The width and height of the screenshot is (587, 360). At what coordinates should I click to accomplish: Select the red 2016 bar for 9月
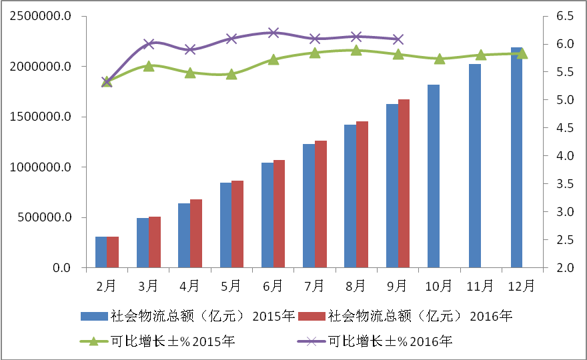coord(404,184)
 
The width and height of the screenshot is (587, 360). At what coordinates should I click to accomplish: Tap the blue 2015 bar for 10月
coord(434,177)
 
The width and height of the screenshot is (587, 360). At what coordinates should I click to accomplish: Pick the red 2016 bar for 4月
coord(196,234)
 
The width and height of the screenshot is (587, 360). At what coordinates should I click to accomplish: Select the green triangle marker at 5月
coord(231,74)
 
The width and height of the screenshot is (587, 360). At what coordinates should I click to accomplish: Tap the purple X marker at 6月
coord(273,33)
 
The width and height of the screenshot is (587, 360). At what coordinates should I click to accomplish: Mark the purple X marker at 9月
coord(398,39)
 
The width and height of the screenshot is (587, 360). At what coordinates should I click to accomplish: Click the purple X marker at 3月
coord(149,44)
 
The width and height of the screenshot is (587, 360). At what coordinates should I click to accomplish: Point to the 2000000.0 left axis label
coord(41,67)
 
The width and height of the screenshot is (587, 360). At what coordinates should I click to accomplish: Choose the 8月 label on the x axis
coord(356,286)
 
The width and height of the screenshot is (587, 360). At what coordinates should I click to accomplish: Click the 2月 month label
coord(107,286)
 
